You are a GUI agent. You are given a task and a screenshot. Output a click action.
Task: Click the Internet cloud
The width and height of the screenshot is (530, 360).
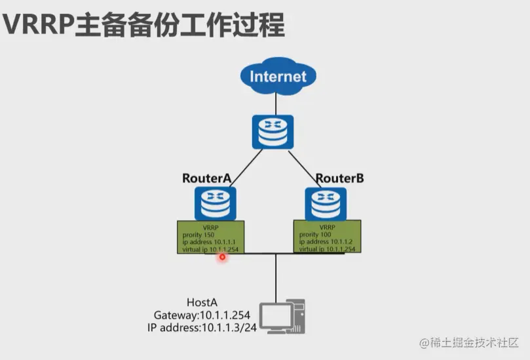(278, 76)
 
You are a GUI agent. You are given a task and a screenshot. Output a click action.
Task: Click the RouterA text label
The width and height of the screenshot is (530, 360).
(206, 178)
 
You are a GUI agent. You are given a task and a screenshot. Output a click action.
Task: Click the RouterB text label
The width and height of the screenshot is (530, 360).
(339, 178)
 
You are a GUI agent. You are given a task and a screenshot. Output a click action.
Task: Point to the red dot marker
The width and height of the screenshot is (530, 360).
(222, 257)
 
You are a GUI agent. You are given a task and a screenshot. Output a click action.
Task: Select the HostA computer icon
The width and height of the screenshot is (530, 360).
(283, 317)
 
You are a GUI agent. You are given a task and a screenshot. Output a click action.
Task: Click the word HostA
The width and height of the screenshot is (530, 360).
(202, 302)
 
